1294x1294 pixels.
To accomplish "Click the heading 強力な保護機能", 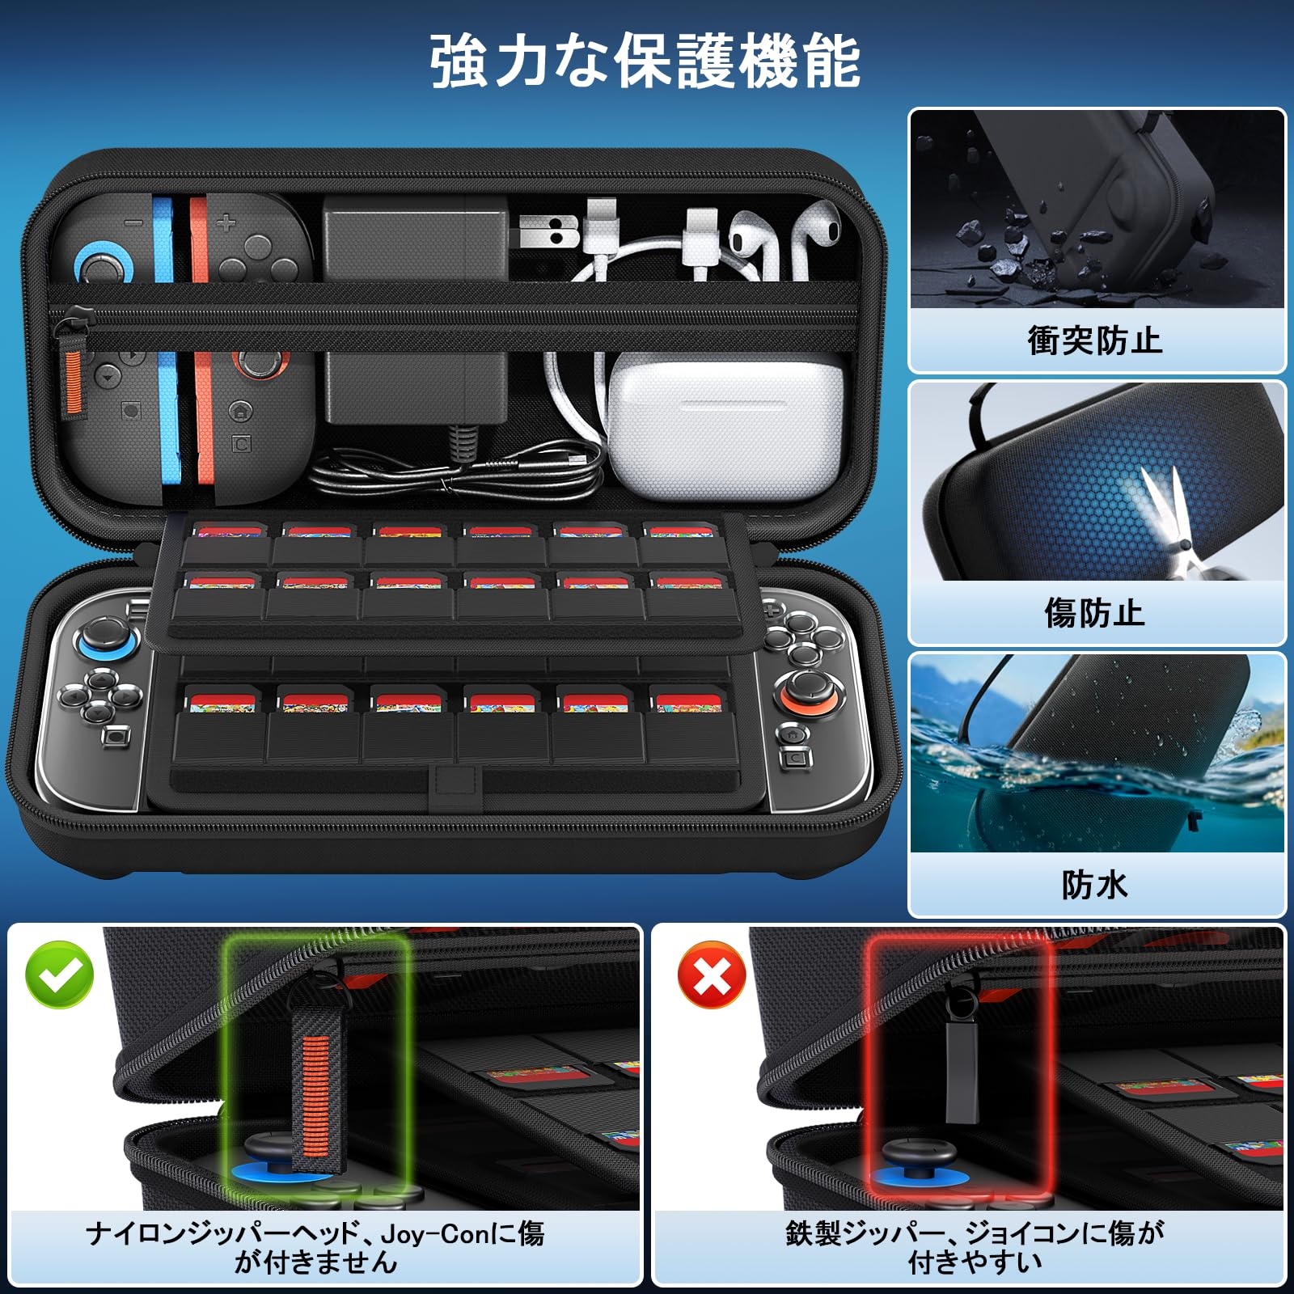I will pyautogui.click(x=645, y=61).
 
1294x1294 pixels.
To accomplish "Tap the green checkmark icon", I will pyautogui.click(x=60, y=975).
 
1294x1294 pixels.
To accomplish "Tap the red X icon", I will pyautogui.click(x=712, y=975).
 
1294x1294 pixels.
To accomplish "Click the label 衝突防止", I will pyautogui.click(x=1095, y=340).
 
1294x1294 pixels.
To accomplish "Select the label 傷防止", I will pyautogui.click(x=1095, y=612).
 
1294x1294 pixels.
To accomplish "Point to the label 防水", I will pyautogui.click(x=1095, y=885).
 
